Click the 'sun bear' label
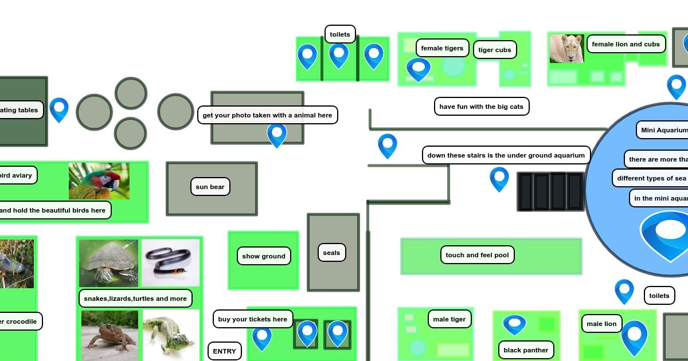[210, 187]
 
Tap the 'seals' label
[331, 253]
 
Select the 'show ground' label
[264, 256]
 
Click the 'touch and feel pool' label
[477, 255]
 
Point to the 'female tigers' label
[442, 48]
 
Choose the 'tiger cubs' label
[495, 50]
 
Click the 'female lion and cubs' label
[626, 44]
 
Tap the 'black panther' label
[526, 350]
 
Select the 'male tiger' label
[449, 319]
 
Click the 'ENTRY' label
[225, 351]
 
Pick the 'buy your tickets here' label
[253, 319]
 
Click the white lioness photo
[566, 48]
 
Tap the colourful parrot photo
[99, 181]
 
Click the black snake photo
[170, 262]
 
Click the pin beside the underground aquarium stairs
[499, 178]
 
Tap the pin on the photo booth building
[277, 134]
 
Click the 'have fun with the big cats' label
[481, 107]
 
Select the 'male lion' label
[601, 324]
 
